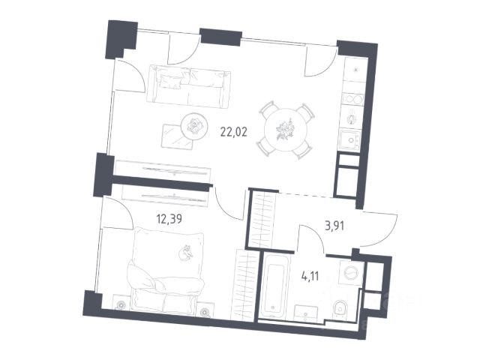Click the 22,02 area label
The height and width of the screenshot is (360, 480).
pos(233,132)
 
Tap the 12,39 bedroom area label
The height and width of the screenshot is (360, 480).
pos(169,219)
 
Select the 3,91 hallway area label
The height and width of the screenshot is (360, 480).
pos(334,226)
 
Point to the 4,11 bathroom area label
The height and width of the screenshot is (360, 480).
pos(310,277)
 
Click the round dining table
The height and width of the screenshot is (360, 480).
pos(286,130)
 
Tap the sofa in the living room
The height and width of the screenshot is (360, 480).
pos(188,87)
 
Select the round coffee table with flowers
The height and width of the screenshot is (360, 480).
pos(194,125)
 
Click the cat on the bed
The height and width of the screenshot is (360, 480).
pos(185,253)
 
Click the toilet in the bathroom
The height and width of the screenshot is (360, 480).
pos(340,308)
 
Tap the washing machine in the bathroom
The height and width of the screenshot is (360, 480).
pos(352,273)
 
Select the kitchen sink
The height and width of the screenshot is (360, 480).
pos(350,140)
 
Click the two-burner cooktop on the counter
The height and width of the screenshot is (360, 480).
pos(353,98)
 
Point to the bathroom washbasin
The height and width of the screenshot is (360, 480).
pos(305,313)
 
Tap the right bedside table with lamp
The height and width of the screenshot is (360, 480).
pos(205,310)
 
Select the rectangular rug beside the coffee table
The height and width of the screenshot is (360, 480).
pos(178,136)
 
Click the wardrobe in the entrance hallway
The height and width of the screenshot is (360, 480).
pos(262,219)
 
